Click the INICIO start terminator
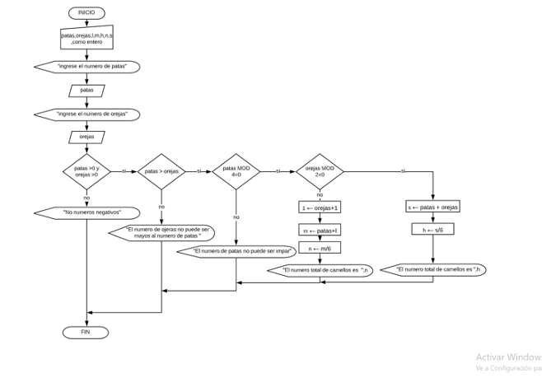tap(86, 13)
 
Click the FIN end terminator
tap(86, 332)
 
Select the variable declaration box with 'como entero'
tap(86, 38)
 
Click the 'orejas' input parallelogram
tap(86, 137)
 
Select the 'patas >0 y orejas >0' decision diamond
tap(86, 171)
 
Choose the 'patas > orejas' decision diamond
tap(161, 171)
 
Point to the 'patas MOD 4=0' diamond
tap(236, 171)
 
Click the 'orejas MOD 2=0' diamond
tap(320, 171)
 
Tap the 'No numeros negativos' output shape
tap(86, 212)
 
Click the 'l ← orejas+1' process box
tap(320, 207)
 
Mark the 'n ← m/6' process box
tap(320, 248)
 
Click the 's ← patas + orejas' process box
tap(432, 207)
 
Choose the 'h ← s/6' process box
tap(432, 230)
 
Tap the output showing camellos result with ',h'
tap(437, 269)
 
